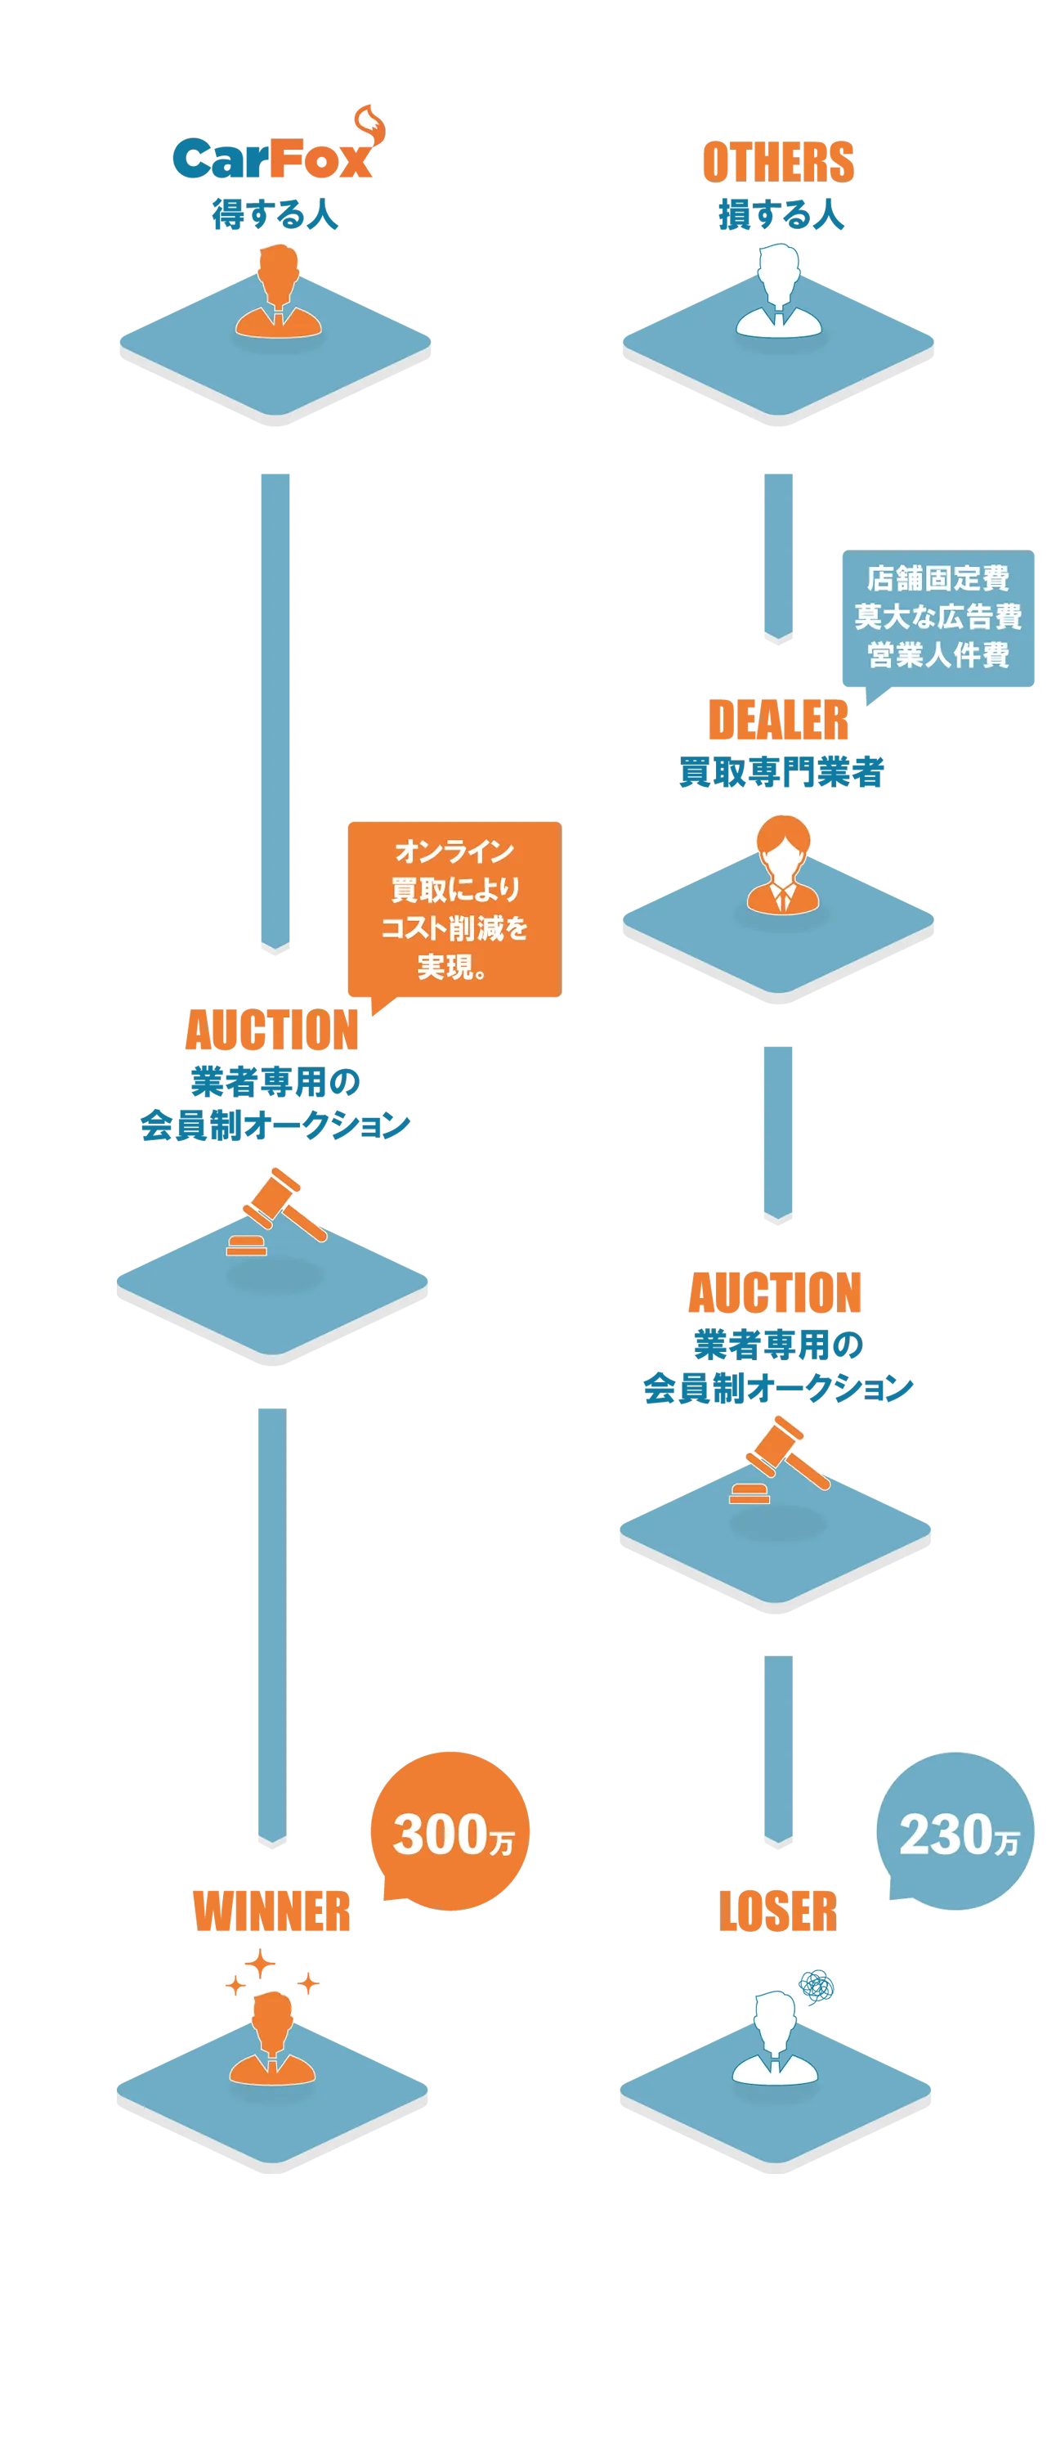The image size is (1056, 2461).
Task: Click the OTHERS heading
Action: pyautogui.click(x=778, y=161)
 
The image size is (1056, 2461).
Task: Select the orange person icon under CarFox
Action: pyautogui.click(x=279, y=291)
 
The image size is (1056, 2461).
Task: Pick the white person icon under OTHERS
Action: pyautogui.click(x=778, y=291)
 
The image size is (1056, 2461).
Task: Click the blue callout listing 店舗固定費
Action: pyautogui.click(x=937, y=617)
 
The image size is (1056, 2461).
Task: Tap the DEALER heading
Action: pyautogui.click(x=778, y=721)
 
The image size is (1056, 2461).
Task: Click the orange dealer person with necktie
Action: pyautogui.click(x=783, y=864)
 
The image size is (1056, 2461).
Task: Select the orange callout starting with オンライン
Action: pyautogui.click(x=454, y=909)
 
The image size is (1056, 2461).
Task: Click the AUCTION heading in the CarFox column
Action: pyautogui.click(x=272, y=1030)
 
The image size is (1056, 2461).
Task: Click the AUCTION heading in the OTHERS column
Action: pyautogui.click(x=776, y=1292)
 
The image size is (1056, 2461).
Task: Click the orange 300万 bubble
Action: pyautogui.click(x=450, y=1830)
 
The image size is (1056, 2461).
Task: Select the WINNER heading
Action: pyautogui.click(x=272, y=1911)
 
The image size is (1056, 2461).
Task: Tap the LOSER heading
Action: pyautogui.click(x=778, y=1911)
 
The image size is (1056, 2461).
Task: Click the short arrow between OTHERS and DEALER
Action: pyautogui.click(x=778, y=558)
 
